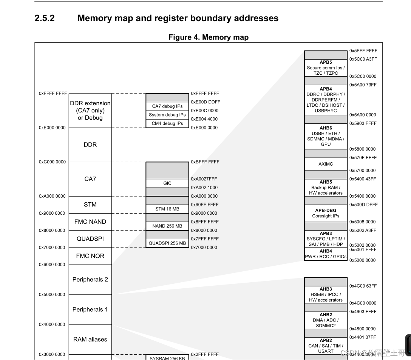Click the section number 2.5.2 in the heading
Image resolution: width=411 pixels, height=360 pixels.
(x=45, y=18)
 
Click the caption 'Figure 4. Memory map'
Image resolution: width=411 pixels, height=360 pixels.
(x=208, y=37)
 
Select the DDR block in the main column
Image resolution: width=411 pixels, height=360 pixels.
(x=90, y=145)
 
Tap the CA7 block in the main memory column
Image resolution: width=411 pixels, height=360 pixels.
(x=90, y=179)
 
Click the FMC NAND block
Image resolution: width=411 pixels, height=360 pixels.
(x=90, y=222)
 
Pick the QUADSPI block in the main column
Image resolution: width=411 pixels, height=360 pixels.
(x=90, y=239)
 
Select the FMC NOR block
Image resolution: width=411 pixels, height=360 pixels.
(x=90, y=256)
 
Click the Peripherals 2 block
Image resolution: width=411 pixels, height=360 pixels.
(x=90, y=279)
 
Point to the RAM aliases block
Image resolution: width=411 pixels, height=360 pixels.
(x=90, y=339)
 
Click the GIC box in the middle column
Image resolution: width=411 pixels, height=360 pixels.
(x=167, y=183)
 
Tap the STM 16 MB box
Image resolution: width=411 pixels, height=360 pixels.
(x=167, y=209)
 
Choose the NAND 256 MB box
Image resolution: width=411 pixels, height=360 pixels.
(x=167, y=226)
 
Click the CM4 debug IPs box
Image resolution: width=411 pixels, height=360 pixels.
(x=167, y=123)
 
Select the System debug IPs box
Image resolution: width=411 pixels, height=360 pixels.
(x=167, y=115)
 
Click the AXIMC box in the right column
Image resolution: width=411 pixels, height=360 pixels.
(x=326, y=164)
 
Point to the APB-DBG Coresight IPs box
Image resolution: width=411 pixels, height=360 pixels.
(x=326, y=213)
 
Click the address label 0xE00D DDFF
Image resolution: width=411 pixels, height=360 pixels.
(x=205, y=102)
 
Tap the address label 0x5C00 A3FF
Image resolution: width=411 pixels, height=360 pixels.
(x=363, y=59)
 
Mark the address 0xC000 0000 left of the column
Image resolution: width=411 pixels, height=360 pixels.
(x=52, y=162)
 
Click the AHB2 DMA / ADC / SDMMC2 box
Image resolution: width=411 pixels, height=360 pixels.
(x=326, y=320)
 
